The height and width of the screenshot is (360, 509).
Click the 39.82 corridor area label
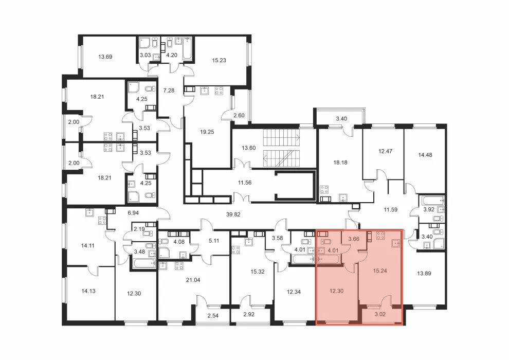click(233, 214)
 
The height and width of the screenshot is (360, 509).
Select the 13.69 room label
click(105, 57)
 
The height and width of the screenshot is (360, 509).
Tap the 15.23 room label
click(219, 60)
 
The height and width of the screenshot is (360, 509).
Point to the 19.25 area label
click(207, 132)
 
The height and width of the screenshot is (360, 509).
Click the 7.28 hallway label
click(169, 91)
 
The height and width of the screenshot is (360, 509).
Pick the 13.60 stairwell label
click(249, 148)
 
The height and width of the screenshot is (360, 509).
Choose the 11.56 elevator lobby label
click(245, 183)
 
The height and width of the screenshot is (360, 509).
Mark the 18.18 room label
click(340, 163)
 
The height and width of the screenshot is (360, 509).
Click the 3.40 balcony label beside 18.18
click(341, 119)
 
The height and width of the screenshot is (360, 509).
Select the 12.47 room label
click(385, 151)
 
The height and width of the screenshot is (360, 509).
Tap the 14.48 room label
click(425, 155)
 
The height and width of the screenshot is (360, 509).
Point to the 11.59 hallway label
click(391, 210)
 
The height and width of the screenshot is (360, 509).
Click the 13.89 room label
click(424, 274)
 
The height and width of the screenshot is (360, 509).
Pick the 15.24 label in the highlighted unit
click(380, 271)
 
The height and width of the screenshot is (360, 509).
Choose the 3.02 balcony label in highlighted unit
click(380, 314)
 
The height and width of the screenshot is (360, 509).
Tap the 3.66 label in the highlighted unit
click(354, 239)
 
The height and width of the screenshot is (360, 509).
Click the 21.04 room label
click(193, 280)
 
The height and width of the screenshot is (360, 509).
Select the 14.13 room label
click(88, 291)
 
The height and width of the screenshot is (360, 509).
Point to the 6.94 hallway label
click(133, 213)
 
